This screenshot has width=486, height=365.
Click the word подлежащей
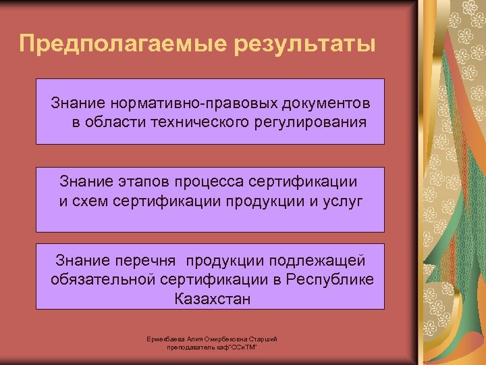tap(318, 260)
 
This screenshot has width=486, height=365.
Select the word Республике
tap(329, 279)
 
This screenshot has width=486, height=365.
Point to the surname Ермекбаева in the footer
tap(164, 339)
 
